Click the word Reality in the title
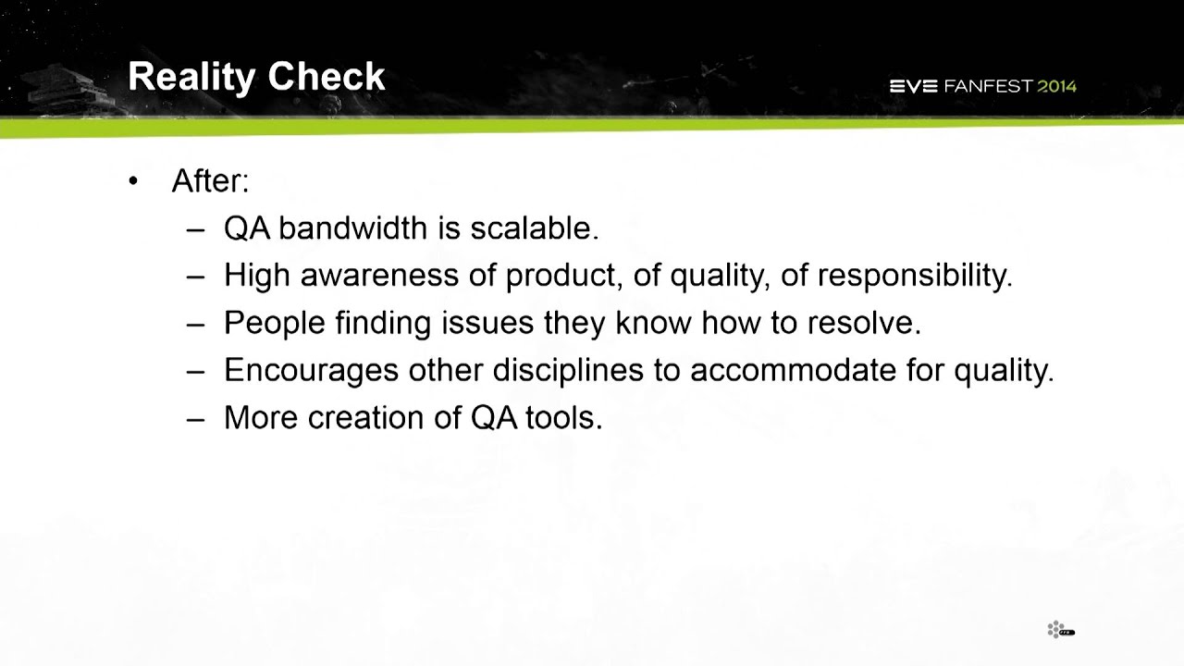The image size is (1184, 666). click(x=191, y=78)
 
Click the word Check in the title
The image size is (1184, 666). click(x=327, y=76)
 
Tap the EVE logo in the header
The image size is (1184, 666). click(x=913, y=86)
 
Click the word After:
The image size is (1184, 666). click(x=210, y=181)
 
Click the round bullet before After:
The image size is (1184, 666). click(x=132, y=182)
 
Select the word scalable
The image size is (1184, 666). click(x=535, y=228)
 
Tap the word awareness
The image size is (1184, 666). click(x=379, y=276)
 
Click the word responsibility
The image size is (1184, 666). click(x=915, y=276)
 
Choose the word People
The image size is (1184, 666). click(x=275, y=323)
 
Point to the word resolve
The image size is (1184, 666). click(x=864, y=323)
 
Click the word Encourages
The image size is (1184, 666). click(x=312, y=370)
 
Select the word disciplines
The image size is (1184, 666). click(x=568, y=370)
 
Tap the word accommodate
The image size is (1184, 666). click(x=794, y=370)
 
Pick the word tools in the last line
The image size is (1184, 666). click(x=564, y=417)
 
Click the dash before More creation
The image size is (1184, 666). click(x=195, y=420)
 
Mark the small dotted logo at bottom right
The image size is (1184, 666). click(x=1061, y=630)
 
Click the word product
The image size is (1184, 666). click(x=564, y=276)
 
